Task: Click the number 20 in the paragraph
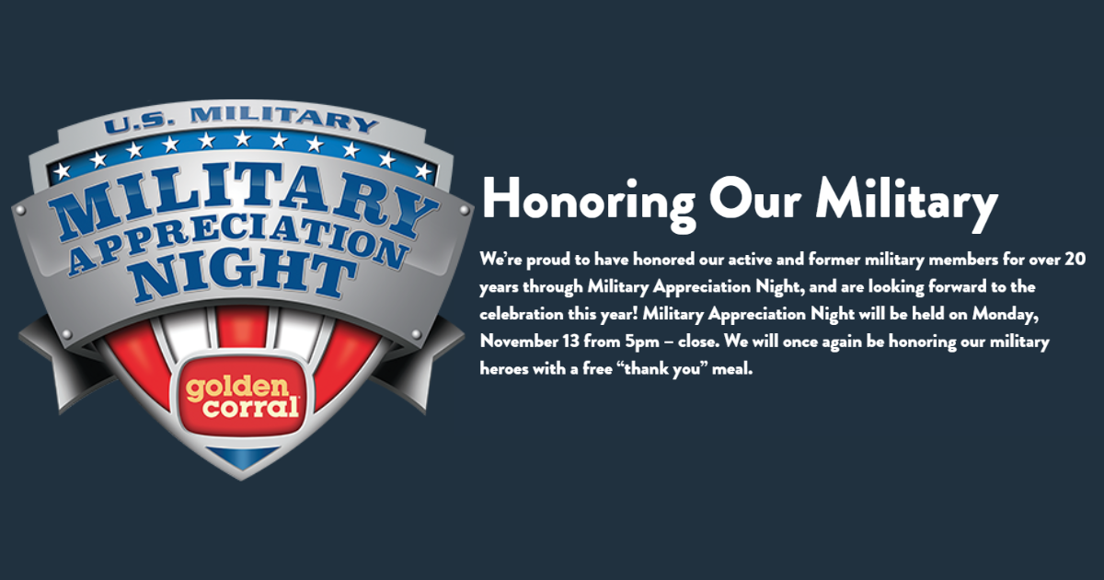coord(1077,260)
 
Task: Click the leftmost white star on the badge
coord(62,171)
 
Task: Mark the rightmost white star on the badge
coord(422,172)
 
